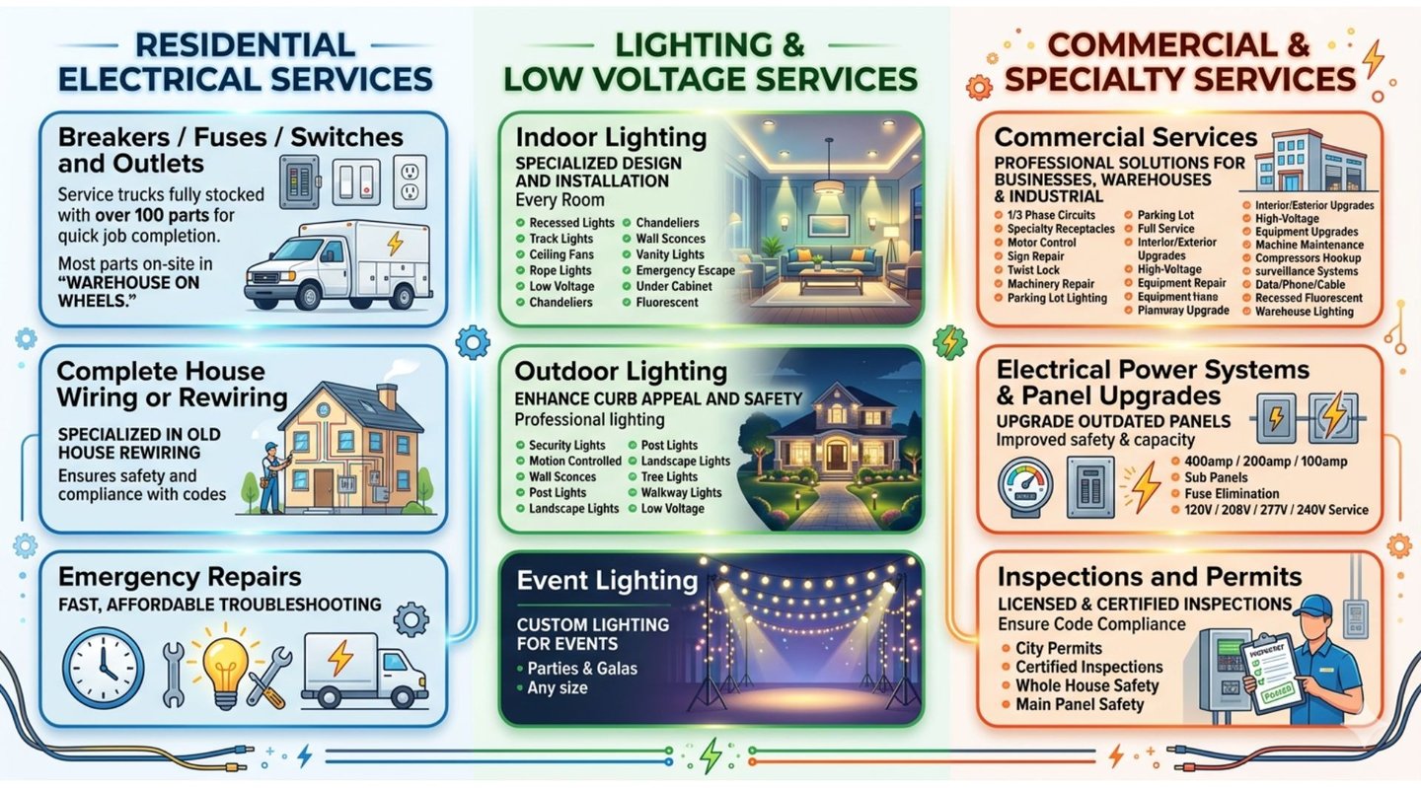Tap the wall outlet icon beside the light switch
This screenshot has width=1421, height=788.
410,180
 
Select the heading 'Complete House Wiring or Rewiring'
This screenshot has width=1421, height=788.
172,385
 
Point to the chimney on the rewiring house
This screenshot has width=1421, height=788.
388,395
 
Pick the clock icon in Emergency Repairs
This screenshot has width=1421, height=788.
103,668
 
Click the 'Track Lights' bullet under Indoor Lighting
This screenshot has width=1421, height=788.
561,239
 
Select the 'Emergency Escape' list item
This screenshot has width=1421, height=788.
685,270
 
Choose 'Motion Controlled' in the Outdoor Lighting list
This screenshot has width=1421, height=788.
574,461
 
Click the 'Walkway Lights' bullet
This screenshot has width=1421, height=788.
681,492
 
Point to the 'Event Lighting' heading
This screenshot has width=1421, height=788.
607,580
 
